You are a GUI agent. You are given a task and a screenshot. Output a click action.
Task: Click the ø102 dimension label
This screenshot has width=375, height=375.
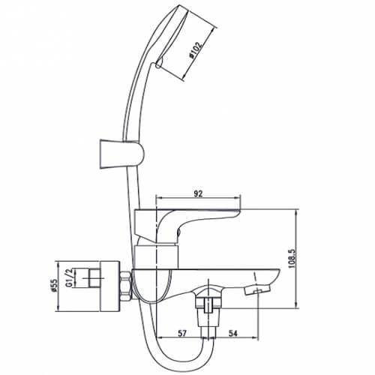click(x=196, y=50)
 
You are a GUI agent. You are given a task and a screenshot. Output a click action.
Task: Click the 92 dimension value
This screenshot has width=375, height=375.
click(x=198, y=193)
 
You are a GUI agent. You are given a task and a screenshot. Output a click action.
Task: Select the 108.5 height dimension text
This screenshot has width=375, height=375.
click(x=292, y=259)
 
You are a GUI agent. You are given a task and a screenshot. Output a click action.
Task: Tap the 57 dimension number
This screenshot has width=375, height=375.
click(x=182, y=333)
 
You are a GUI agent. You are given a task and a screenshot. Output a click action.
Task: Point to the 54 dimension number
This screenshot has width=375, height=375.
click(x=232, y=333)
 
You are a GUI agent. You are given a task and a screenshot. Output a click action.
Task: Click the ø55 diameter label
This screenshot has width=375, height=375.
click(x=55, y=285)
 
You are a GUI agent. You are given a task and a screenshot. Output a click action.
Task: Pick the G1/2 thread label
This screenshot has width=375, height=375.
click(x=69, y=278)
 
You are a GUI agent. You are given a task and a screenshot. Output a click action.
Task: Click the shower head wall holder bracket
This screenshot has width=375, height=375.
click(x=122, y=154)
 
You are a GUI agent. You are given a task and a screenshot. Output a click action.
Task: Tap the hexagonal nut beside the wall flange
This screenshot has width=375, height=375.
click(x=125, y=286)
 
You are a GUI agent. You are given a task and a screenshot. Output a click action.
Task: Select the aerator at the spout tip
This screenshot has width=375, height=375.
click(x=257, y=291)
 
